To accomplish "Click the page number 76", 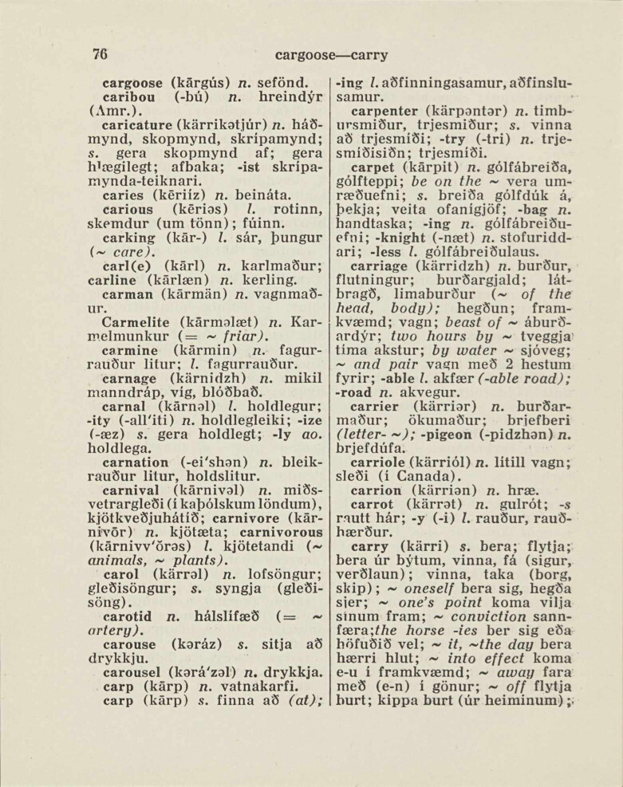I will tap(100, 55).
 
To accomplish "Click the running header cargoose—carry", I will tap(331, 56).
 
